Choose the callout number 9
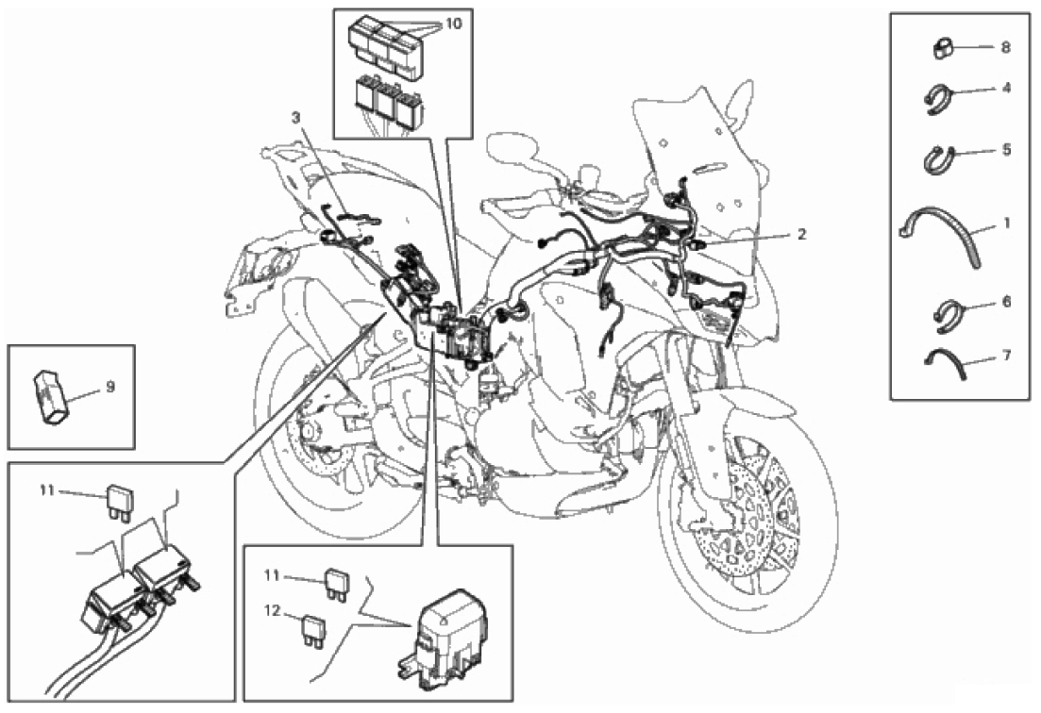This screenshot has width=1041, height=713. pyautogui.click(x=110, y=386)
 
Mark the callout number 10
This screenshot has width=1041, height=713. pyautogui.click(x=454, y=24)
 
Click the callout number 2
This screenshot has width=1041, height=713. pyautogui.click(x=801, y=234)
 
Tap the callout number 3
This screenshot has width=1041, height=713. pyautogui.click(x=295, y=118)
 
